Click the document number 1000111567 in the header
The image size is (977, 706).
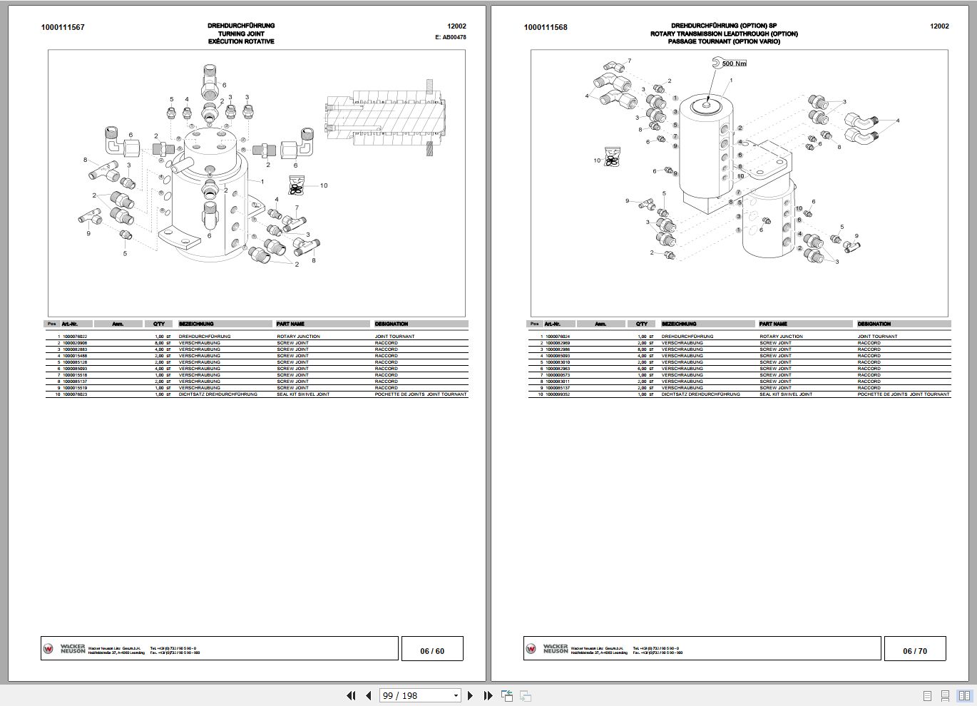point(63,28)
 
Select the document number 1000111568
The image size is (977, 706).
point(546,28)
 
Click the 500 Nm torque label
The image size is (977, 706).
point(734,63)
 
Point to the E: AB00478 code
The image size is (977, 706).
point(450,37)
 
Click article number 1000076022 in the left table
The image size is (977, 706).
point(75,337)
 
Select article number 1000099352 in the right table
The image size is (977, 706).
point(558,394)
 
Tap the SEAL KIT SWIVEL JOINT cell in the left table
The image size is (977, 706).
point(303,394)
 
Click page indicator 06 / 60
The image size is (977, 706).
point(432,650)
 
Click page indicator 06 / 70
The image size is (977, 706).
point(915,650)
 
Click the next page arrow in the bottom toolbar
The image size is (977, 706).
point(470,695)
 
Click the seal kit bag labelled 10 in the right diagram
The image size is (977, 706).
point(611,158)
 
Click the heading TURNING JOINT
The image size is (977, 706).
point(241,34)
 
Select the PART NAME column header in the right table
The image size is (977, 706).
point(773,324)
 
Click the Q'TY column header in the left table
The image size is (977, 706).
point(158,324)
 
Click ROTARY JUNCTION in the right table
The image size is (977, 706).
point(781,337)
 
